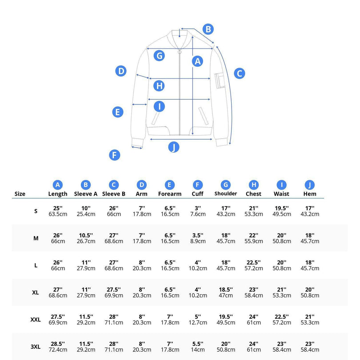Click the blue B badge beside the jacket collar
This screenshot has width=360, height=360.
208,29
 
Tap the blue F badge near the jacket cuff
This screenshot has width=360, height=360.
115,155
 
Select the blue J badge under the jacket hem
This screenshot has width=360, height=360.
174,147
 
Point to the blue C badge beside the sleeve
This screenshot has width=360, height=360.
240,73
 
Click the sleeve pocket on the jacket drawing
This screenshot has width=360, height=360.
220,80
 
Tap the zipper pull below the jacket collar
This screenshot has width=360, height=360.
180,52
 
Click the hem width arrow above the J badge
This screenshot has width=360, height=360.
181,139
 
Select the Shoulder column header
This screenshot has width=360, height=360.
225,193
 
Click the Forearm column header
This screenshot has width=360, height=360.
170,194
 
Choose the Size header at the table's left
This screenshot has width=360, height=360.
20,194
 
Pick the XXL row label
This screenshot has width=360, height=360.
36,320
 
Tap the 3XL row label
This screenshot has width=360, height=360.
36,347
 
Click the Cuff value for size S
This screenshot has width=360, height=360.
198,211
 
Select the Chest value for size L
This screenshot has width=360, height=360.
253,265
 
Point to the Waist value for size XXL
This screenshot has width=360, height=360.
282,320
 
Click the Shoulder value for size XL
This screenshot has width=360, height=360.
226,292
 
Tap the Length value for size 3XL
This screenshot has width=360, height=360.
58,347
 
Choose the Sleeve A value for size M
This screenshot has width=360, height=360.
86,238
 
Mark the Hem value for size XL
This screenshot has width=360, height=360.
310,292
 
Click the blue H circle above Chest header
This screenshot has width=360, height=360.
254,185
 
